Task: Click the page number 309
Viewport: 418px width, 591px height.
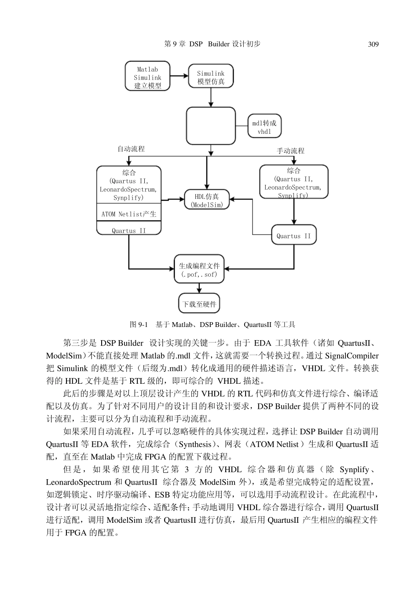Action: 373,44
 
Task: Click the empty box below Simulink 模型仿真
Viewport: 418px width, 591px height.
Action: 211,126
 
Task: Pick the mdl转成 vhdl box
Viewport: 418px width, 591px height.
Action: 264,127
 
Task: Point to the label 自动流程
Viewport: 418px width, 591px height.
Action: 131,149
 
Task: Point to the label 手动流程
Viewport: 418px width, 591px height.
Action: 290,151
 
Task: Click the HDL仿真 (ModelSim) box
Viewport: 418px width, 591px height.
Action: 206,200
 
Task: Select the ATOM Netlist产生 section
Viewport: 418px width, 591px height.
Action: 129,214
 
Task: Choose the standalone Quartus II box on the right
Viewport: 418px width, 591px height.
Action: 293,236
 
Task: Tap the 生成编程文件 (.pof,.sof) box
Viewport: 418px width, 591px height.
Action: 199,270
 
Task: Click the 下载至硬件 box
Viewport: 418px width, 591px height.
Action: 199,304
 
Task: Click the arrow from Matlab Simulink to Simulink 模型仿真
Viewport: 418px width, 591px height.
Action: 179,76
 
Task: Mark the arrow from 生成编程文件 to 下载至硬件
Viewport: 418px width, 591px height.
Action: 199,288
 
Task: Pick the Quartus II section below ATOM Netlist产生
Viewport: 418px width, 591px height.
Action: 129,231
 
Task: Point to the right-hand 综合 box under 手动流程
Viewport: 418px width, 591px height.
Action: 293,182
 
